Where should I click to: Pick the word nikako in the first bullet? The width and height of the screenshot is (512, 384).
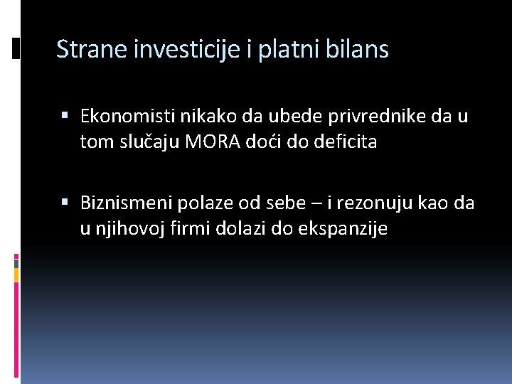(x=200, y=116)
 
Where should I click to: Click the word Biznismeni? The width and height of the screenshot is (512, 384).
(x=125, y=203)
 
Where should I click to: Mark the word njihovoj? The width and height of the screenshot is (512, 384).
(x=124, y=229)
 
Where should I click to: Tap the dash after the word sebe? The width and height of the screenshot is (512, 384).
(x=316, y=205)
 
